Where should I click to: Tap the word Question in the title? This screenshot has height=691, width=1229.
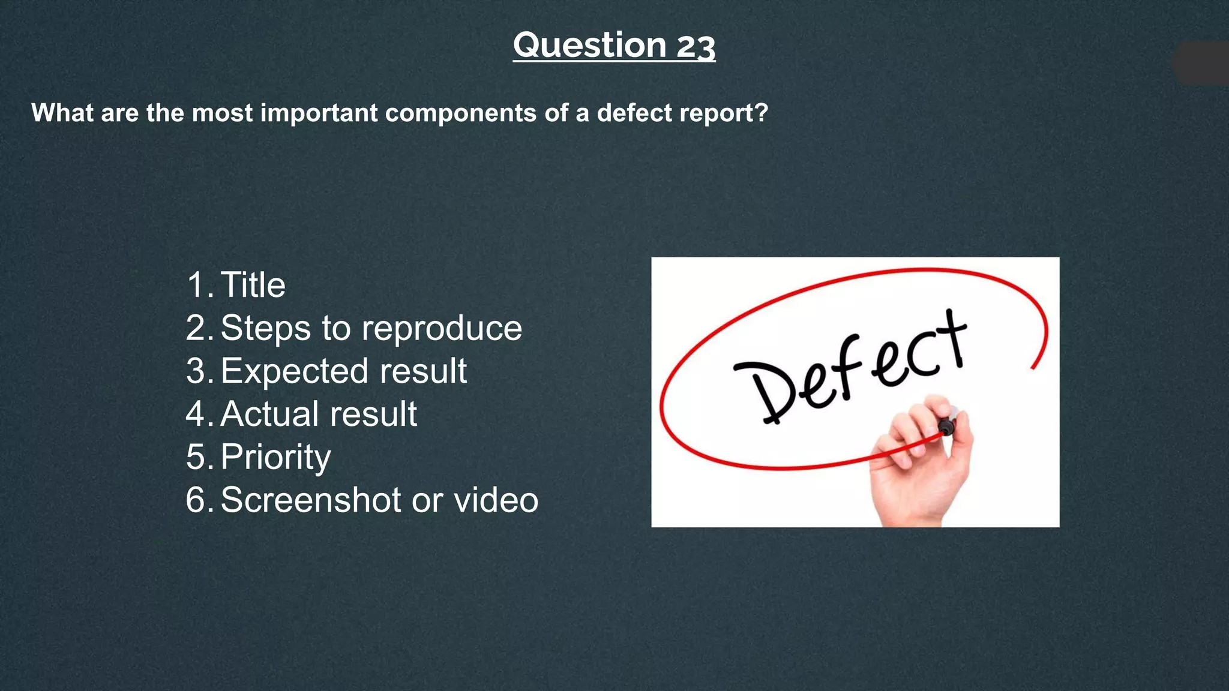pos(589,45)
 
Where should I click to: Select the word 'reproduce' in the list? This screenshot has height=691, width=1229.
pos(442,328)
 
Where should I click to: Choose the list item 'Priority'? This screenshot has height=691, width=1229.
pos(275,457)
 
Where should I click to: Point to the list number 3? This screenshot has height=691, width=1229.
pos(196,371)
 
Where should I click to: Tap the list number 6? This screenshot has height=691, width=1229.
pos(196,500)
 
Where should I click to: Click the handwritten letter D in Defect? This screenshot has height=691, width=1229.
pos(768,390)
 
